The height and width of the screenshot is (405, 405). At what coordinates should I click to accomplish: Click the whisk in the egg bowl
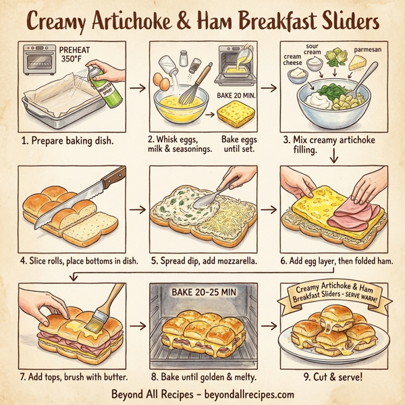(x=196, y=86)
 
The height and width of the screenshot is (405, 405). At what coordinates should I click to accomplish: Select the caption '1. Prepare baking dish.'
(x=69, y=142)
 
